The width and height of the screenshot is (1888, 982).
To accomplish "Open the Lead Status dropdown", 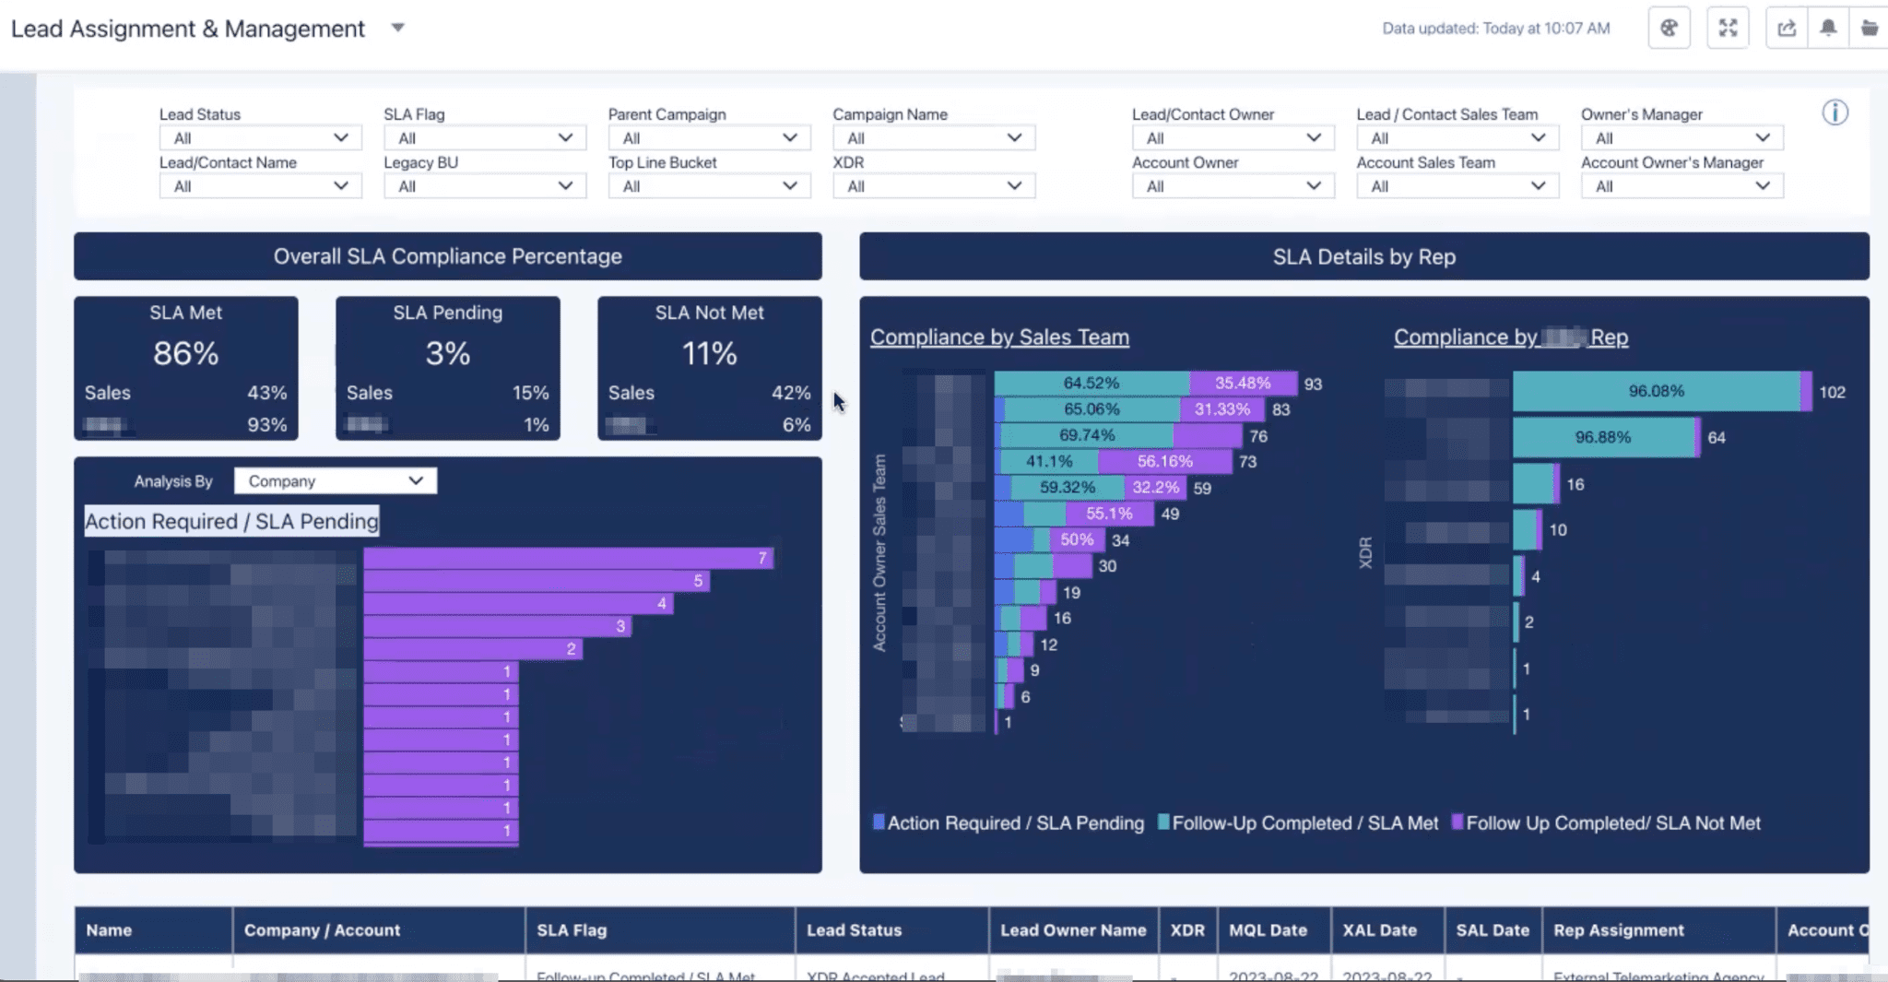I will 260,138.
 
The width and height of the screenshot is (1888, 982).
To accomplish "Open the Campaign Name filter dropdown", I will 933,138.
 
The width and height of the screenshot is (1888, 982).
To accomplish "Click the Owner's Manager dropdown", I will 1681,138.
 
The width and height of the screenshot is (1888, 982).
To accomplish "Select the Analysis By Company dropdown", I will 335,481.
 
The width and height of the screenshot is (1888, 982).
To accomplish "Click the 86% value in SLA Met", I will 185,353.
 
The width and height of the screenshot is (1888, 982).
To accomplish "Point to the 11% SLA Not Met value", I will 709,353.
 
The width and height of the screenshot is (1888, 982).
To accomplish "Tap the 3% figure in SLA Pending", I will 447,353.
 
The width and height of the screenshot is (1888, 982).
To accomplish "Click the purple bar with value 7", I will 567,558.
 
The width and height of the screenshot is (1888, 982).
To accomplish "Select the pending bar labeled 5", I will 535,581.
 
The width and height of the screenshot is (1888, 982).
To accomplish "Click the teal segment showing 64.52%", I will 1091,383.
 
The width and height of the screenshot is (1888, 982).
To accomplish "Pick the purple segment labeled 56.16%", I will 1164,461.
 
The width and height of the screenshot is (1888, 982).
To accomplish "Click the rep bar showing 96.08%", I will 1656,391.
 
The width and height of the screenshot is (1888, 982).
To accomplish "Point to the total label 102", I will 1832,392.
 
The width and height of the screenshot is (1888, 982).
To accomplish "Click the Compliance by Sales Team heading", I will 999,337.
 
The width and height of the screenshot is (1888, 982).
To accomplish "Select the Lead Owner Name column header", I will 1073,930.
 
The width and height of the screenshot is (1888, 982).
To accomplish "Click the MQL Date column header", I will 1268,930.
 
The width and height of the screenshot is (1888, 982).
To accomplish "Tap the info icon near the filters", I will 1835,112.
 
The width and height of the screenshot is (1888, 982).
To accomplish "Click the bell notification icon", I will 1828,28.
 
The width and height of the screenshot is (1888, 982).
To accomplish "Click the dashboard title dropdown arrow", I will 397,28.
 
